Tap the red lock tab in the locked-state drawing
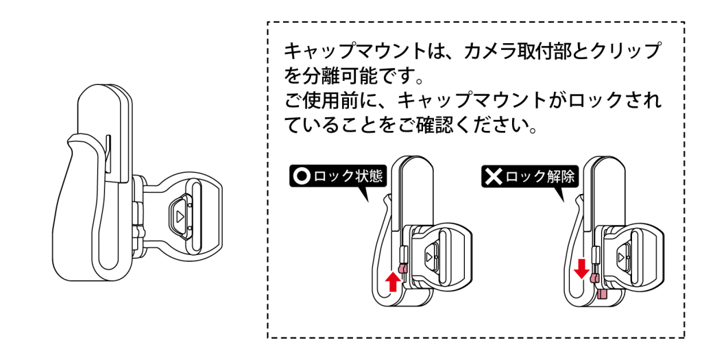click(x=403, y=267)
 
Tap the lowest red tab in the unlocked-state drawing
click(x=601, y=293)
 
